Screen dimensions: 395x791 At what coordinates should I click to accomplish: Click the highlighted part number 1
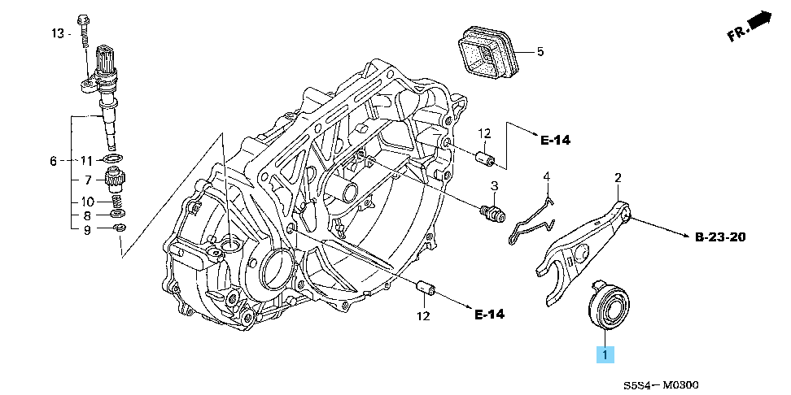pos(605,354)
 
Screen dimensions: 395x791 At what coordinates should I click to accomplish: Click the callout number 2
pos(618,177)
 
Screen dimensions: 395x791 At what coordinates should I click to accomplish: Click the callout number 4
pos(547,176)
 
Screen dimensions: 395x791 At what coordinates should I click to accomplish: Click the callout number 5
pos(539,52)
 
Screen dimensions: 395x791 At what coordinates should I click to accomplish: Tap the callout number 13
pos(57,33)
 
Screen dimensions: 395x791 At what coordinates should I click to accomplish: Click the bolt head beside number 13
pos(82,20)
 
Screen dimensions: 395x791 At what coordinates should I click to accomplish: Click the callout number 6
pos(53,161)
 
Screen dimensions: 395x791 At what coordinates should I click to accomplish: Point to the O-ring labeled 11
pos(115,158)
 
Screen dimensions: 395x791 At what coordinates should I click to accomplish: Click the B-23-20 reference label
pos(720,237)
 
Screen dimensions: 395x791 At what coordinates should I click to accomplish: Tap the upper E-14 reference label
pos(556,140)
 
